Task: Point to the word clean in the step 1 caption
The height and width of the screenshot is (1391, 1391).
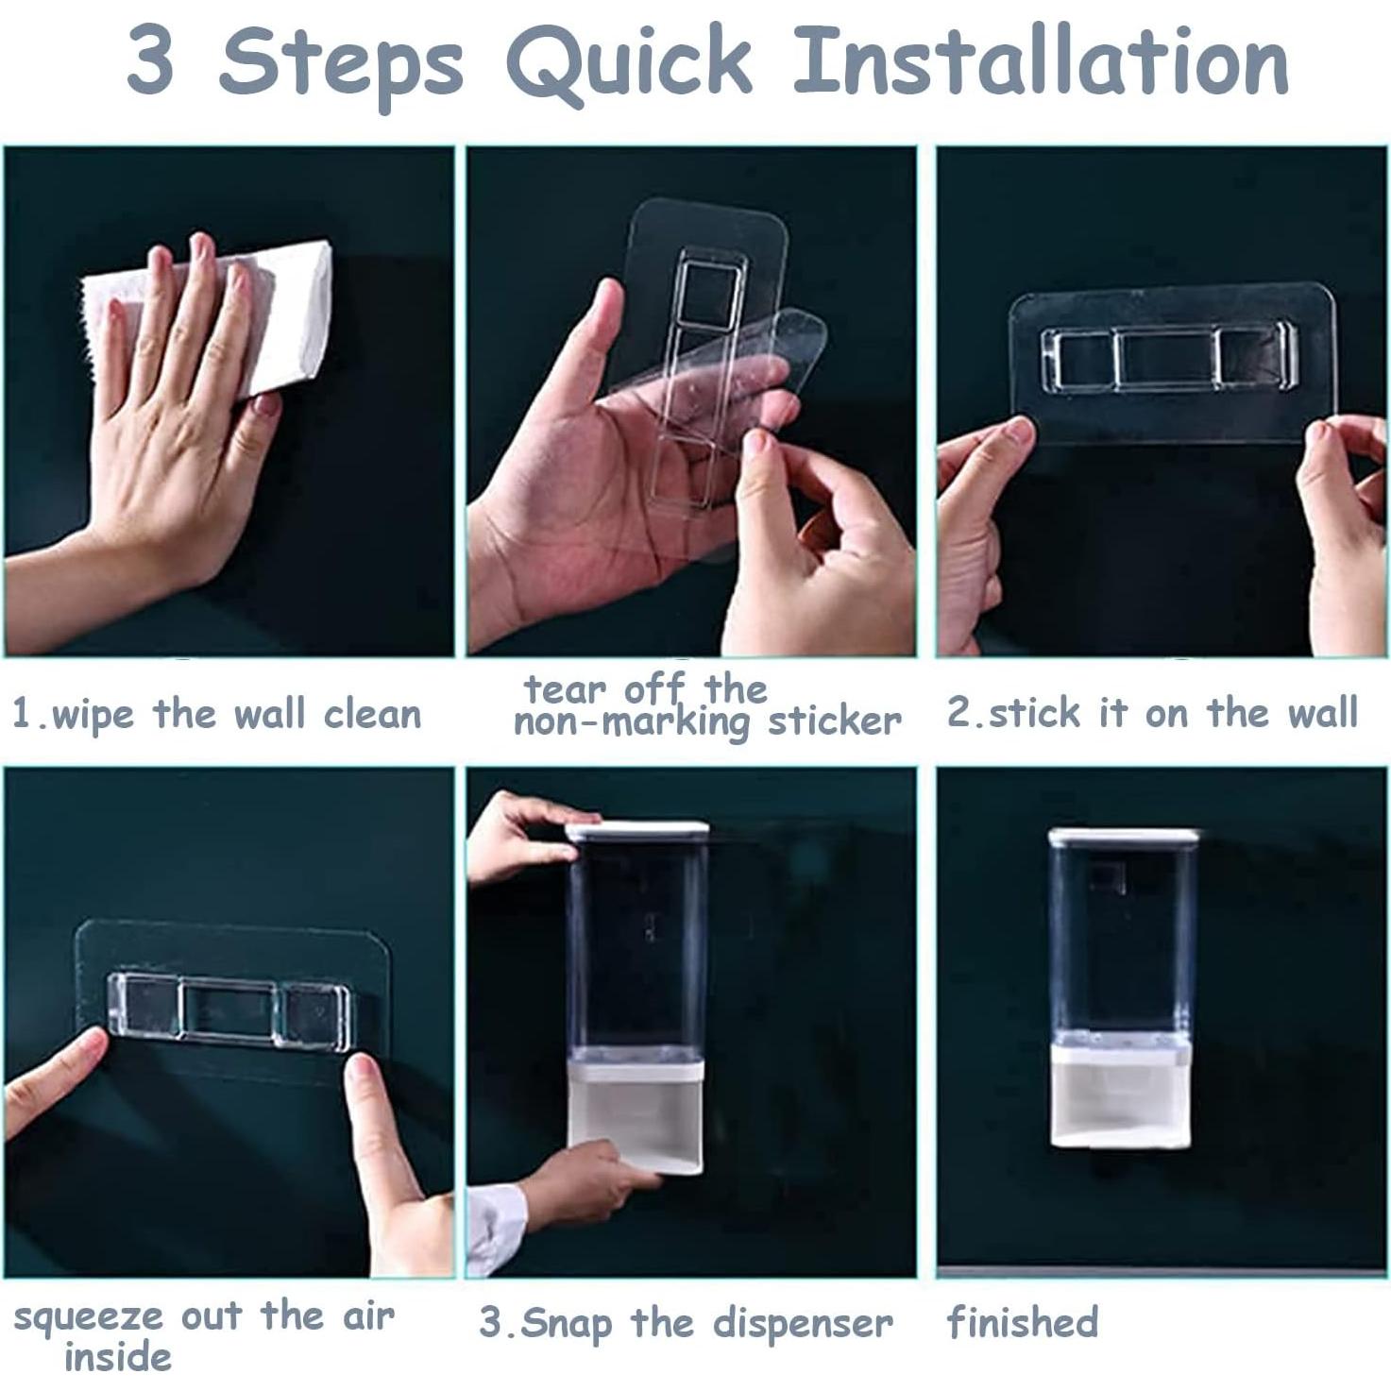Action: (x=372, y=715)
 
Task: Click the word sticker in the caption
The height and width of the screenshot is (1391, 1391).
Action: (x=835, y=721)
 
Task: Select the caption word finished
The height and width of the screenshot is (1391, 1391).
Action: (x=1022, y=1322)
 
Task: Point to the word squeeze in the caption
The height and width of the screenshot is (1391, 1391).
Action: (x=88, y=1319)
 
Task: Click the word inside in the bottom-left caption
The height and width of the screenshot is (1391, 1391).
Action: (x=118, y=1357)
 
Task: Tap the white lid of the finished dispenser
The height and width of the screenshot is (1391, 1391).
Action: (x=1123, y=838)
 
